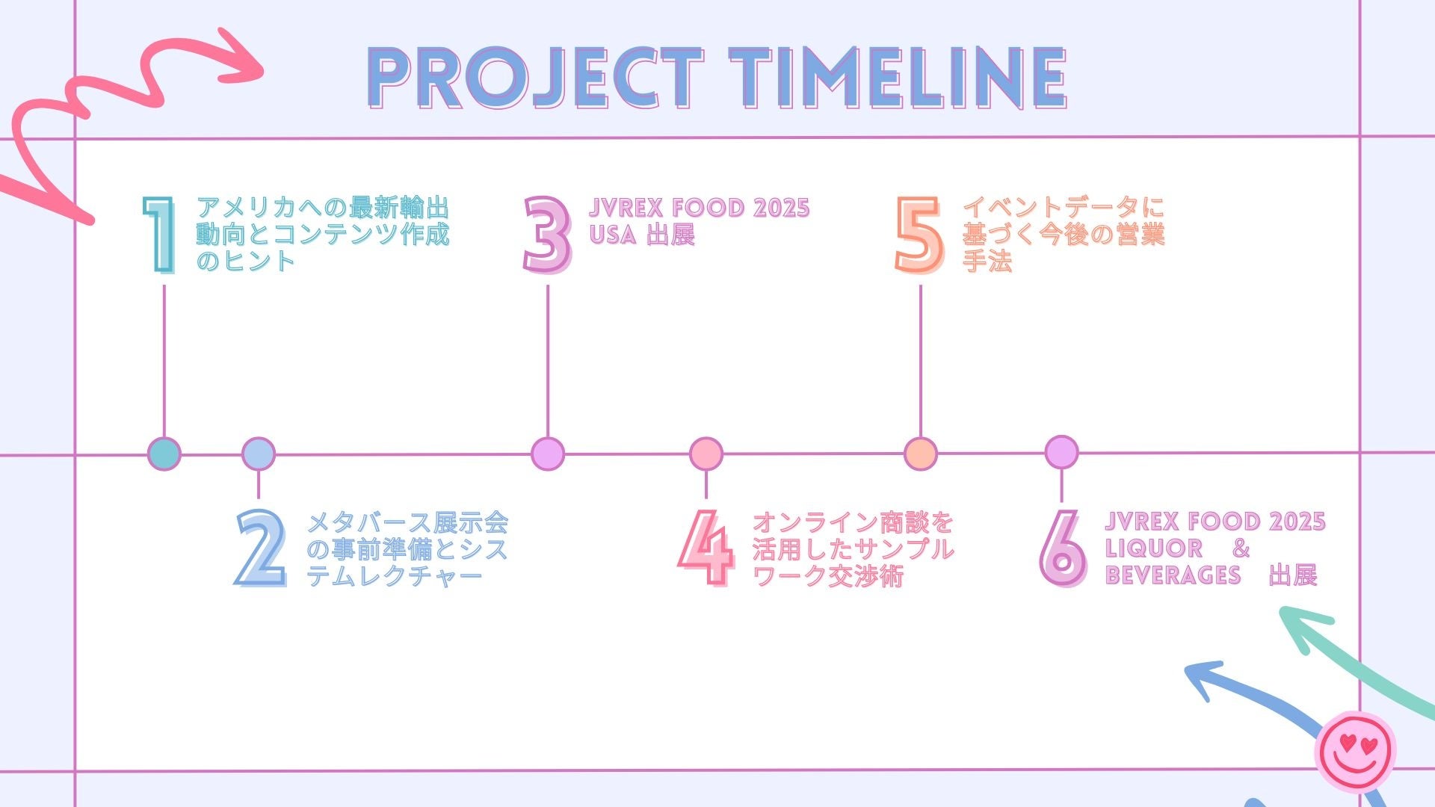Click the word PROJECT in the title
[x=535, y=78]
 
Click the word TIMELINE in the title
[x=897, y=78]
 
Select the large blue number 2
[x=261, y=548]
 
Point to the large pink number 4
[x=706, y=548]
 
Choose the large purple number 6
[x=1062, y=548]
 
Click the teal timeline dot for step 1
[x=164, y=454]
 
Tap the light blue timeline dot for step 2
[x=259, y=454]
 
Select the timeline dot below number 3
[x=548, y=454]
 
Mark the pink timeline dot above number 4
[x=706, y=454]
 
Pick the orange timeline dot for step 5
[x=921, y=454]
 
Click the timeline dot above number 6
[x=1061, y=452]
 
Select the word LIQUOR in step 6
[x=1153, y=548]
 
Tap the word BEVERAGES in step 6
[x=1173, y=575]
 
